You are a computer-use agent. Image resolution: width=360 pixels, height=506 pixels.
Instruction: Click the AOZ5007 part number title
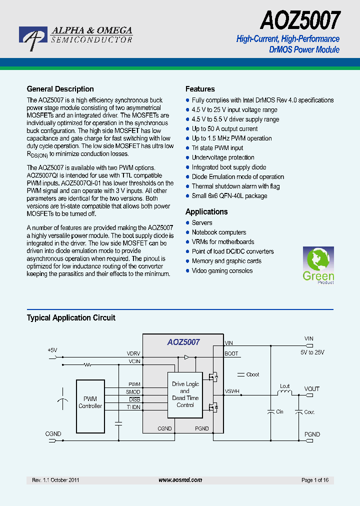click(300, 21)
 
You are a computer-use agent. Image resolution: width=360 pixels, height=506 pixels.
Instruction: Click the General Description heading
click(60, 89)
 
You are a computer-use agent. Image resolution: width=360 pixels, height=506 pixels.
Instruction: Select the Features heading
click(200, 89)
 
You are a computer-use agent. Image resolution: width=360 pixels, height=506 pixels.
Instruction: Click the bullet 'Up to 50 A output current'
click(224, 129)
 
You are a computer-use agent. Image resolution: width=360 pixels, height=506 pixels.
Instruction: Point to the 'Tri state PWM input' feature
click(217, 148)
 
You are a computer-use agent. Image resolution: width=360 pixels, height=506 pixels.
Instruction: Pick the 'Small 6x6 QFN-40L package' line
click(229, 195)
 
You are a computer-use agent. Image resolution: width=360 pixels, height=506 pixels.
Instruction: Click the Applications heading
click(206, 211)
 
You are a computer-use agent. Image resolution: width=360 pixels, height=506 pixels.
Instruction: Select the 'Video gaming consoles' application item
click(222, 270)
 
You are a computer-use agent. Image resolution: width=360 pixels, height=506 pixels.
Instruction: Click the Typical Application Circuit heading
click(71, 317)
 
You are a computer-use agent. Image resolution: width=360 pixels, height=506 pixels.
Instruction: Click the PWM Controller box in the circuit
click(90, 402)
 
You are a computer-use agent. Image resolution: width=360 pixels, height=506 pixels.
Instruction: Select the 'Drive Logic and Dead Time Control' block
click(185, 394)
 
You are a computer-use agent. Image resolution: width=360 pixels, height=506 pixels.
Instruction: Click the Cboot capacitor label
click(253, 374)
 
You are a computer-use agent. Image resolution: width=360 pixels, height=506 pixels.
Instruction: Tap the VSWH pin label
click(232, 391)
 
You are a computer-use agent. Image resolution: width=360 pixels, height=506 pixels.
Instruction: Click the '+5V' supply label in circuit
click(52, 350)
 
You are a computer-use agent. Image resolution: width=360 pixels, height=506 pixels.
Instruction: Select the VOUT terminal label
click(312, 388)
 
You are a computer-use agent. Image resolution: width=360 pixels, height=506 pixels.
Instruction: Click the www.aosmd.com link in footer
click(180, 480)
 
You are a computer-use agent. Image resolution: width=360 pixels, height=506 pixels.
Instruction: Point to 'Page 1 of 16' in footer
click(315, 480)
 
